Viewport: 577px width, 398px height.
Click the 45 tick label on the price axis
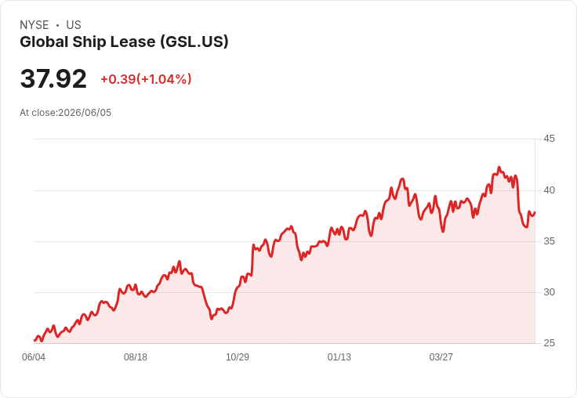click(x=549, y=139)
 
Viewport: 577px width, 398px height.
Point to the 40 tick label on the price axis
click(x=549, y=190)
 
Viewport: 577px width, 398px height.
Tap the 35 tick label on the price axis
click(x=549, y=241)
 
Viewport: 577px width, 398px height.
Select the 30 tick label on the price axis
click(x=549, y=292)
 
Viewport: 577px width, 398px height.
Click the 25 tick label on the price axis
click(x=549, y=343)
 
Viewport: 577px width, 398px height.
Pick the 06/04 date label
click(x=34, y=356)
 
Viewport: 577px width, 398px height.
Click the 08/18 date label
click(x=136, y=356)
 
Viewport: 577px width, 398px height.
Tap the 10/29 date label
click(x=238, y=356)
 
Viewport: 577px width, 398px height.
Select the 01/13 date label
click(x=339, y=356)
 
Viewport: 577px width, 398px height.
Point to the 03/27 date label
click(x=441, y=356)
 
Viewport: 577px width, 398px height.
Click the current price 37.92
click(x=53, y=78)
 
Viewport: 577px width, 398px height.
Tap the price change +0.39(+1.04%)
click(x=146, y=79)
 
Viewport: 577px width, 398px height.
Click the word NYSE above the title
click(x=34, y=25)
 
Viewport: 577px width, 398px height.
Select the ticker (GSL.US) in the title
click(x=194, y=42)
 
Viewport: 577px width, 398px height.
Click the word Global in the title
click(x=44, y=42)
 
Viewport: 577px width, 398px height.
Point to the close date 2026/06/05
click(x=85, y=113)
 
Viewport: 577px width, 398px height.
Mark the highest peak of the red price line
click(x=499, y=168)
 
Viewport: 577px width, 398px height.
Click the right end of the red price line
click(x=535, y=212)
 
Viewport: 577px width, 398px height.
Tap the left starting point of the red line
click(x=34, y=340)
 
